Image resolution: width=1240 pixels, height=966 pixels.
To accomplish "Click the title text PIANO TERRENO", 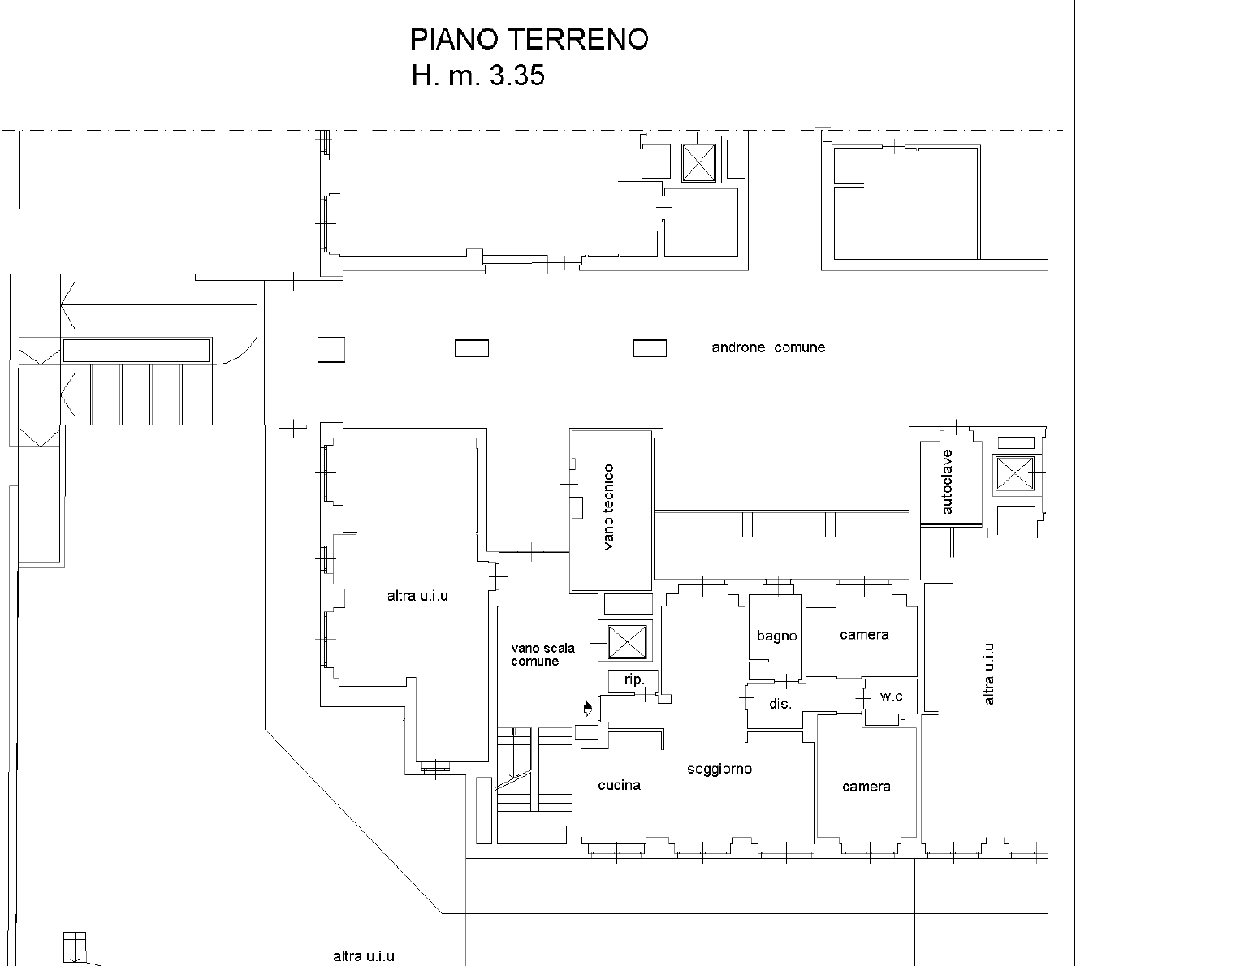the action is (529, 39).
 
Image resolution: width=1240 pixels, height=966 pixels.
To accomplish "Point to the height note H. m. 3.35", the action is (478, 75).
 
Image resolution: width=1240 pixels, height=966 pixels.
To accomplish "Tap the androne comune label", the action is (768, 347).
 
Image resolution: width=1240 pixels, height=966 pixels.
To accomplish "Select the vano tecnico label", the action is (608, 507).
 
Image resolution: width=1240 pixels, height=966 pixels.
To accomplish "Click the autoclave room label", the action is (947, 482).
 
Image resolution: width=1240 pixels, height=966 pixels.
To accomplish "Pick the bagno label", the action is (776, 636).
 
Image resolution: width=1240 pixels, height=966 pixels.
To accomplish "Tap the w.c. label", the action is (892, 696).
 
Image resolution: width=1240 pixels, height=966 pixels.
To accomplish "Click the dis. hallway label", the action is (780, 704).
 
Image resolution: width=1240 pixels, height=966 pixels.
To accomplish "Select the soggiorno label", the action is (719, 770).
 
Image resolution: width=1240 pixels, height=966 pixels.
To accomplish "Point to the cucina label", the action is (619, 785).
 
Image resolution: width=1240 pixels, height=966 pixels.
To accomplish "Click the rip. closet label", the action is (634, 679).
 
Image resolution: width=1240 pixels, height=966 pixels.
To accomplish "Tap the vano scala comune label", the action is (542, 654).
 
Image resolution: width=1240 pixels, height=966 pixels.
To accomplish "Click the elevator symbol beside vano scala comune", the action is (627, 642).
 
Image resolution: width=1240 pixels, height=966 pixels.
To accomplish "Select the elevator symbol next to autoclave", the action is (1014, 472).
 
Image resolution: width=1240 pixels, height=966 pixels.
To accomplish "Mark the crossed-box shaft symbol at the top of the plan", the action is (698, 162).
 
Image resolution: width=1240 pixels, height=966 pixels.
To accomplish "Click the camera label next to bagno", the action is (864, 635).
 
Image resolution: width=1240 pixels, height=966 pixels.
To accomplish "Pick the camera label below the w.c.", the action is (866, 787).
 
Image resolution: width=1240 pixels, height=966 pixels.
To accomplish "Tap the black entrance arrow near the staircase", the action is (588, 708).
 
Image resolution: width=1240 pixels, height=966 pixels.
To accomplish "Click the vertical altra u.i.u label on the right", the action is (989, 674).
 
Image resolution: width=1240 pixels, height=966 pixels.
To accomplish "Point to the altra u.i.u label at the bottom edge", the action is (364, 956).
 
